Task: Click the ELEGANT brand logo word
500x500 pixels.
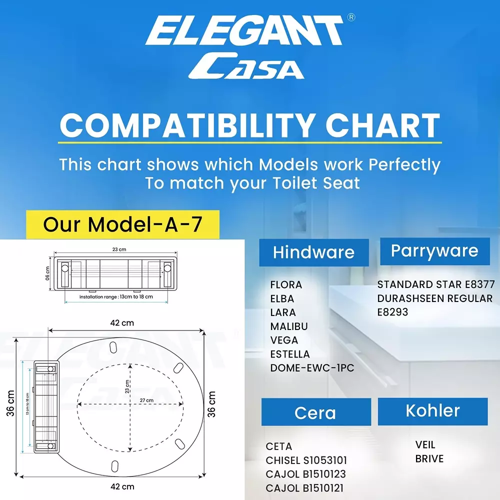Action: click(x=244, y=31)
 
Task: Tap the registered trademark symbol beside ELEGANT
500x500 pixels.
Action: click(x=351, y=17)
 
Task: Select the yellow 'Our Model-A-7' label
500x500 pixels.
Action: click(x=123, y=224)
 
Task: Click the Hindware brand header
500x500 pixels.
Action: click(x=314, y=252)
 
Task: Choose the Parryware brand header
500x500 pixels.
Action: click(x=434, y=251)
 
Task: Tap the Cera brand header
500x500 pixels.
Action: click(x=316, y=412)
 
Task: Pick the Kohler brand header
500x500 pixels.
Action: click(x=432, y=411)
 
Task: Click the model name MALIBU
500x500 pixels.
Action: click(x=289, y=326)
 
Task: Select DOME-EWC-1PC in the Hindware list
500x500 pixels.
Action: click(x=312, y=367)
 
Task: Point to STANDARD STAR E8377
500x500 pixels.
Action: click(x=436, y=284)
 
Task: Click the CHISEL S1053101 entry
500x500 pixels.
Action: click(x=306, y=460)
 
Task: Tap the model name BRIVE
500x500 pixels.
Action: click(x=429, y=458)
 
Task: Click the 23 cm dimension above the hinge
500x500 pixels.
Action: click(x=119, y=249)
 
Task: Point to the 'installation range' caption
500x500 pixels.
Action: click(x=116, y=296)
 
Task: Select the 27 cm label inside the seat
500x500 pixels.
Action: click(x=146, y=400)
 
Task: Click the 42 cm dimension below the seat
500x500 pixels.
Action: click(x=122, y=486)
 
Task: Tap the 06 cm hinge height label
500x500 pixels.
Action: click(x=47, y=273)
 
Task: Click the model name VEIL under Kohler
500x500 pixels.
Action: click(x=425, y=444)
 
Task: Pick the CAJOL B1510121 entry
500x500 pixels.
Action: click(x=305, y=488)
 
